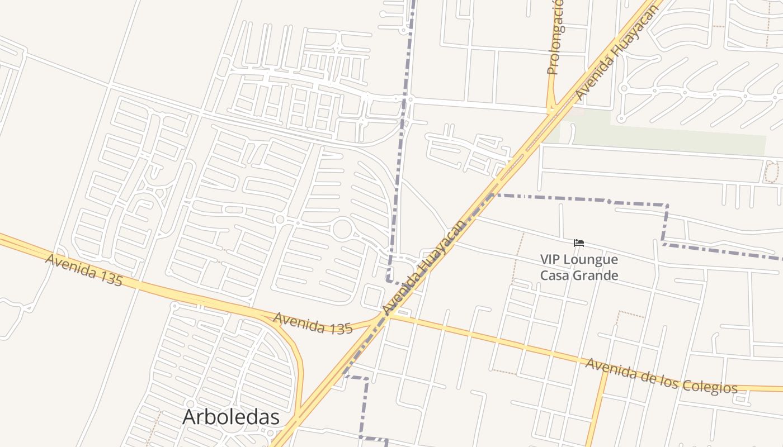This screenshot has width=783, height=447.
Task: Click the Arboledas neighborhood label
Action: point(230,417)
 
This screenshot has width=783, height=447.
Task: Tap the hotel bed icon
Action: point(579,243)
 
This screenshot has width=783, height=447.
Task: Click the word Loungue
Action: point(590,260)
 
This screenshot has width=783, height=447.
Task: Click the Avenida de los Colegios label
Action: point(661,377)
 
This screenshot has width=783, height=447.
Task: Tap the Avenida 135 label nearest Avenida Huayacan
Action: point(313,323)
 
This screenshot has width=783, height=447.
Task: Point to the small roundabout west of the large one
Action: point(280,220)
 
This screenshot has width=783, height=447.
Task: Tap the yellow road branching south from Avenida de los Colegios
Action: point(596,408)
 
